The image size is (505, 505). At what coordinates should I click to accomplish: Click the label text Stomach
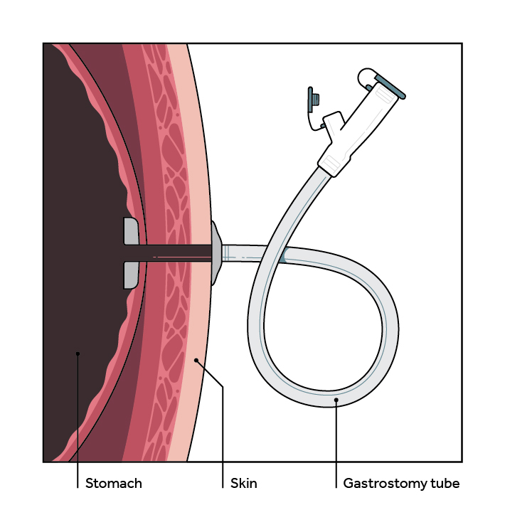pyautogui.click(x=114, y=484)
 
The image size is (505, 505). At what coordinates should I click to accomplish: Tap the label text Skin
pyautogui.click(x=244, y=484)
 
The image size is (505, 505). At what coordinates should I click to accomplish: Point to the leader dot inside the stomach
pyautogui.click(x=78, y=353)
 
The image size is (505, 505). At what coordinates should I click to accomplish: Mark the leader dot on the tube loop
pyautogui.click(x=336, y=400)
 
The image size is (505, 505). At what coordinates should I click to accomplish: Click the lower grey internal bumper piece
pyautogui.click(x=131, y=275)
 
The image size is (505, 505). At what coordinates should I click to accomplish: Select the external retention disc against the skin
pyautogui.click(x=216, y=252)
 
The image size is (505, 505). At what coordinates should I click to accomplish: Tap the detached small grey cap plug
pyautogui.click(x=312, y=100)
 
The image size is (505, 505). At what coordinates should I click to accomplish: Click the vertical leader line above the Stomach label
pyautogui.click(x=78, y=420)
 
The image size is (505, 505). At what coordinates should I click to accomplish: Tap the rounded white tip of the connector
pyautogui.click(x=366, y=74)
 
